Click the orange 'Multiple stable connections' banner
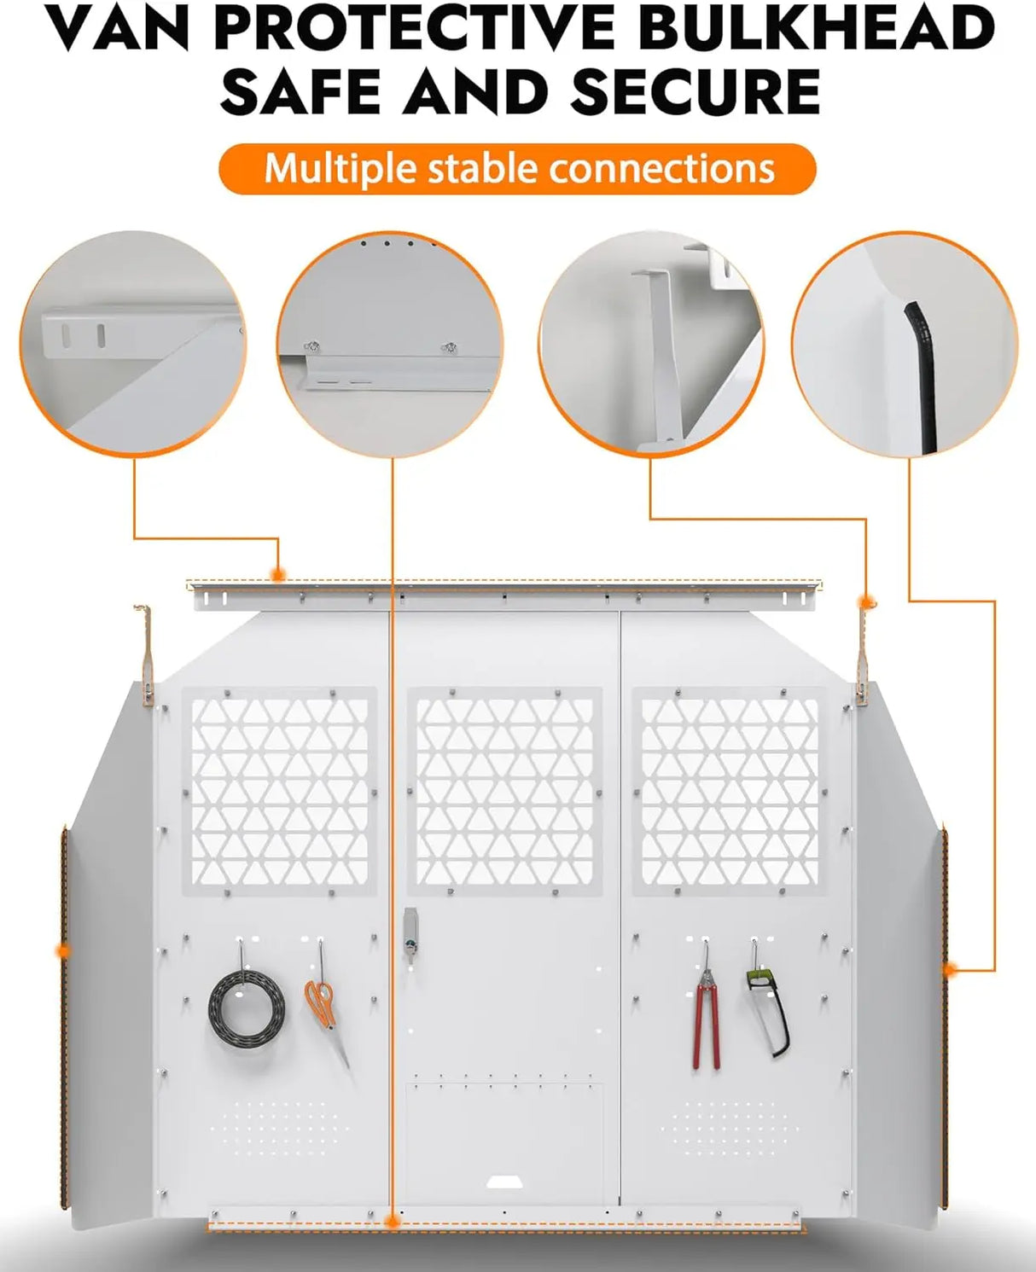coord(517,169)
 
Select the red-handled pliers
coord(706,1015)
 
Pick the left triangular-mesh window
coord(279,791)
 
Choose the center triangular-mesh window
coord(504,791)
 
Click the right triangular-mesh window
coord(729,791)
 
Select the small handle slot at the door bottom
coord(506,1182)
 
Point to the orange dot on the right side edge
coord(950,969)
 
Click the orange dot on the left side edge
coord(61,950)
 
